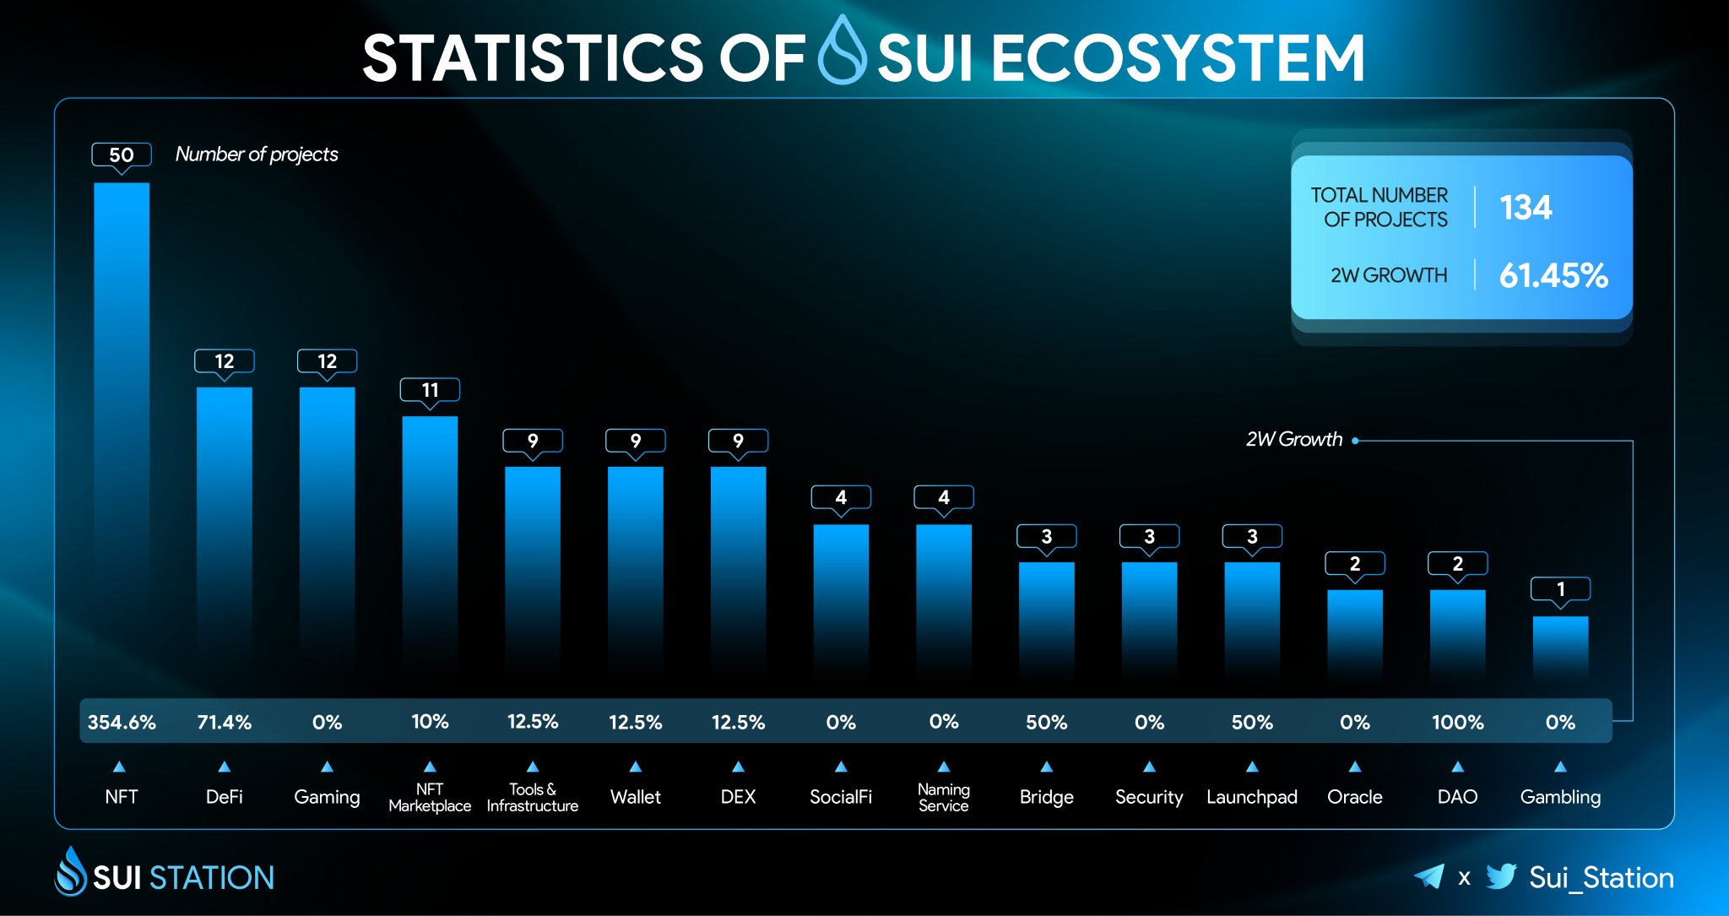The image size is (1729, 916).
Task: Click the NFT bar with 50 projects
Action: (122, 422)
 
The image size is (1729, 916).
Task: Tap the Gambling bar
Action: (1560, 646)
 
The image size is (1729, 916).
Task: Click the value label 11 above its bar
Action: (430, 390)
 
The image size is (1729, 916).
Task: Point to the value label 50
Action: (122, 155)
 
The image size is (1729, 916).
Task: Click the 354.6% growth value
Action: (122, 723)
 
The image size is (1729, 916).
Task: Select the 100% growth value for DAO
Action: (1457, 723)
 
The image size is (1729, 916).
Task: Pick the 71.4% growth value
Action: (224, 723)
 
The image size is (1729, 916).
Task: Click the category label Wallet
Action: (635, 797)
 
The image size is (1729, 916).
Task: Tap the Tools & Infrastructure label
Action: (532, 797)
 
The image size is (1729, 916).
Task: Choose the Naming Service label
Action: (943, 797)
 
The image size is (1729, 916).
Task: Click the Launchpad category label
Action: (1251, 797)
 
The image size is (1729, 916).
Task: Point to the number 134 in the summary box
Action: (1525, 208)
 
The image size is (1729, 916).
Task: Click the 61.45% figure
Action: (1553, 276)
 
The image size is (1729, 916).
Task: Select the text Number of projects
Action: (257, 154)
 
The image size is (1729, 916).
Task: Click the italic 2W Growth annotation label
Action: (1293, 440)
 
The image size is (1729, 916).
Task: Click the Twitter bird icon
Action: (1501, 876)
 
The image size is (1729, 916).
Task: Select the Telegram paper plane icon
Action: (1429, 876)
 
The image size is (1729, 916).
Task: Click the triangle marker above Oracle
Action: (1354, 767)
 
